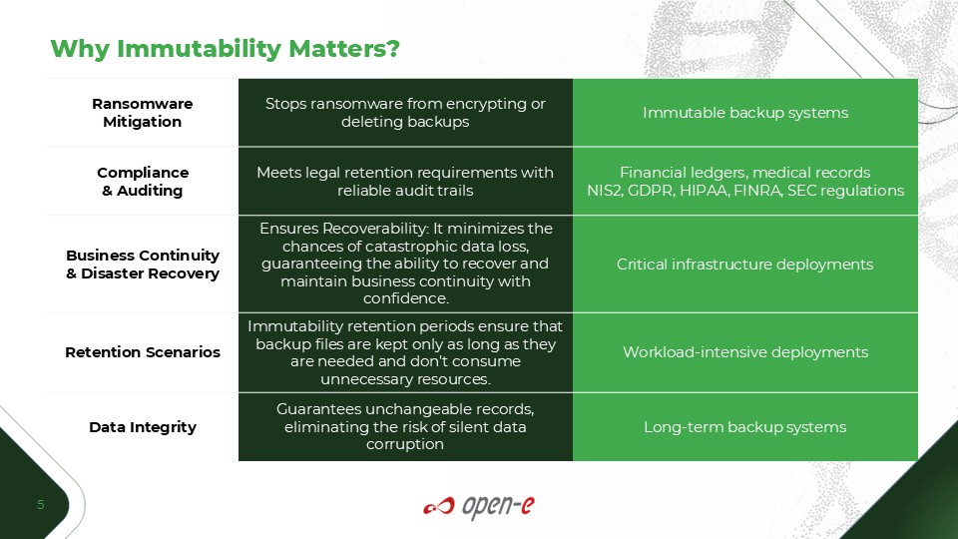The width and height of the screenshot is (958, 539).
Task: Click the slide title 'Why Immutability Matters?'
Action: point(225,49)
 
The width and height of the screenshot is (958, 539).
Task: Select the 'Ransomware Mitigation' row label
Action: point(143,113)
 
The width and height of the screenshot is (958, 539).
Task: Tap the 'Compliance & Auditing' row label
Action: point(143,182)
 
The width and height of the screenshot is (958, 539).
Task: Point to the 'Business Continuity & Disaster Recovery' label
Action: point(143,264)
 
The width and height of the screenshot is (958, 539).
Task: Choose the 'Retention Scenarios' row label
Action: point(143,352)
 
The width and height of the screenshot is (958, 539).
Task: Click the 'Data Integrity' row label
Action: point(143,426)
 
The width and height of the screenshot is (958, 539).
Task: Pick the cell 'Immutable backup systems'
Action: point(745,113)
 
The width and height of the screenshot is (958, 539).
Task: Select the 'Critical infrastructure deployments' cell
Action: point(744,264)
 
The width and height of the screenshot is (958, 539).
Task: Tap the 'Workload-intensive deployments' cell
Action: point(745,352)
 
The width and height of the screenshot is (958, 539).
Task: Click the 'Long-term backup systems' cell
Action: point(744,426)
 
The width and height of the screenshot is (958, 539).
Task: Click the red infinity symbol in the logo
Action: point(439,506)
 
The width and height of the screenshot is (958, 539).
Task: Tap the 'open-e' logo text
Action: point(498,507)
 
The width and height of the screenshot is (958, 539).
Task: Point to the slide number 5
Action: point(40,504)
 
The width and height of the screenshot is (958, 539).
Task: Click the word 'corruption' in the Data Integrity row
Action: point(405,444)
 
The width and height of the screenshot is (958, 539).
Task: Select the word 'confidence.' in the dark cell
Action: point(406,298)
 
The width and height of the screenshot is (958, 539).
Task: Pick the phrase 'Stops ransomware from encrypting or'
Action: point(405,104)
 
